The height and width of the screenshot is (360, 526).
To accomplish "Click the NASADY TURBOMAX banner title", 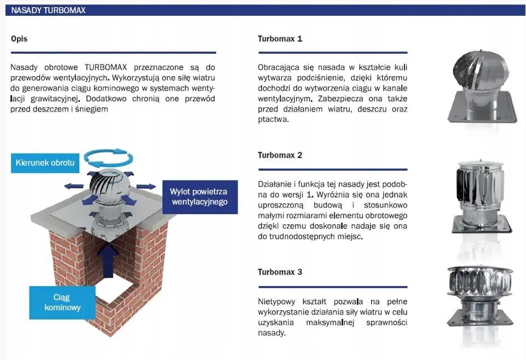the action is (48, 10).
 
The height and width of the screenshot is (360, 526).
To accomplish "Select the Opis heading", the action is (19, 39).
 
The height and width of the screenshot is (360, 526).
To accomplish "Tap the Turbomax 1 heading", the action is (280, 39).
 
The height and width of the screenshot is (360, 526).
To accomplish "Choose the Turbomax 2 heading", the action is (280, 155).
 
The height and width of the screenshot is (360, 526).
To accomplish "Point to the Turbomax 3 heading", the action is (280, 272).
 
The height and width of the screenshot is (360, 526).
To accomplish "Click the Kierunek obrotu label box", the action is (45, 163).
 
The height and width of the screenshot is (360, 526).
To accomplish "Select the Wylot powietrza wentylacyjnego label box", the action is (200, 197).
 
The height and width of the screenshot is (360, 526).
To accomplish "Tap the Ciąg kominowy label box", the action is (62, 303).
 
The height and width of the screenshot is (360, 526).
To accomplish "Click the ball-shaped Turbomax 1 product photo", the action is (482, 87).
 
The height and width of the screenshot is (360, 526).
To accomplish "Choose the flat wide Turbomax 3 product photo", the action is (481, 295).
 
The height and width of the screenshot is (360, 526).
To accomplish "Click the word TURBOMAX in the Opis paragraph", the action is (106, 67).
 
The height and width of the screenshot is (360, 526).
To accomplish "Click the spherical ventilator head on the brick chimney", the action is (106, 184).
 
